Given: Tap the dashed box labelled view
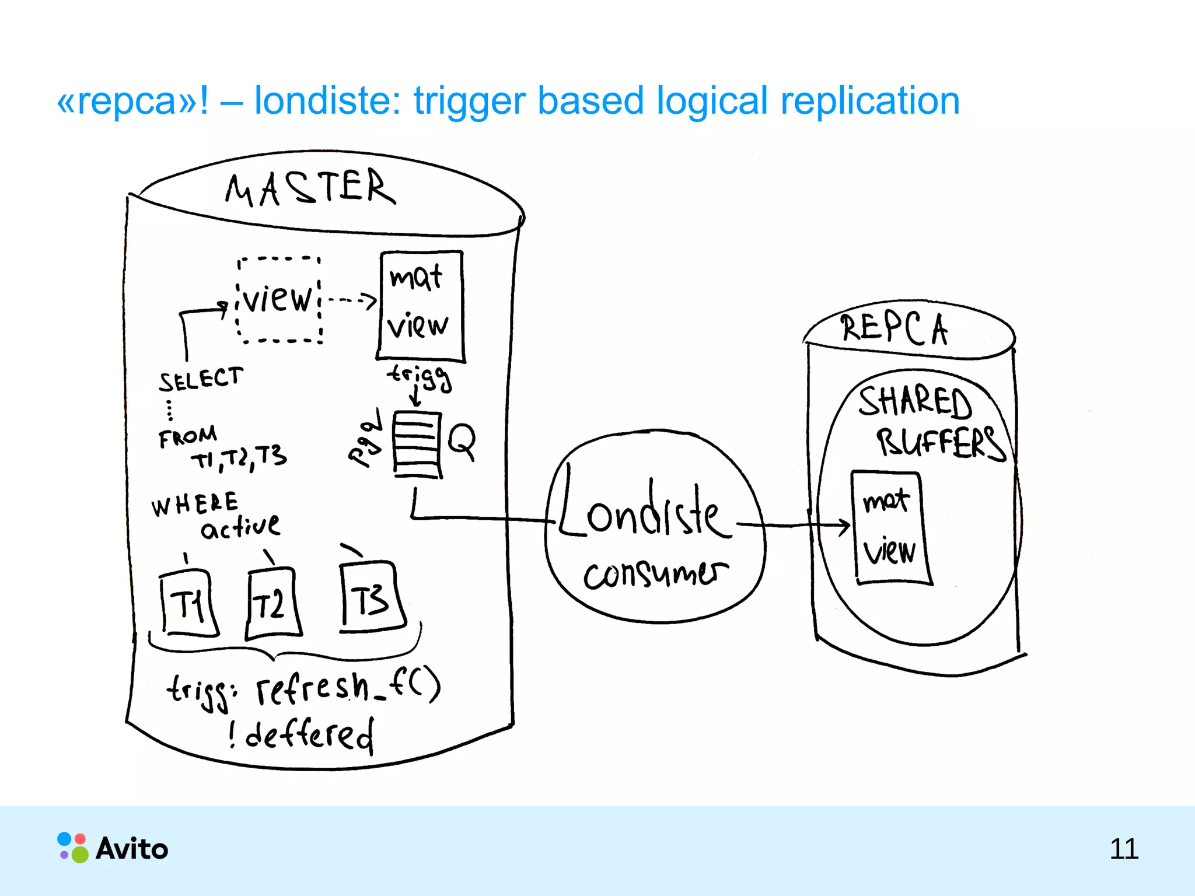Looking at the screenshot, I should tap(279, 299).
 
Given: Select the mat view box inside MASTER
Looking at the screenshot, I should tap(420, 306).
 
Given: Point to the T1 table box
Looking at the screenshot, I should tap(188, 604).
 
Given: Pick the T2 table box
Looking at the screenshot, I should tap(272, 604).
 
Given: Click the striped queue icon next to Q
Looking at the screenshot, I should tap(417, 444).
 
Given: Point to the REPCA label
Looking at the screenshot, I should tap(894, 328).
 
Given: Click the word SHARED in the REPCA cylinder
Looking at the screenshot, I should tap(914, 402).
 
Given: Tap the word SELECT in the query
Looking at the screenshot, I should tap(201, 379).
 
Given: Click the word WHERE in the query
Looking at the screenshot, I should tap(194, 505).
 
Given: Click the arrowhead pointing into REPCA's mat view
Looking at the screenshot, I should tap(844, 526).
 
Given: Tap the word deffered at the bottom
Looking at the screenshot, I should tap(309, 735).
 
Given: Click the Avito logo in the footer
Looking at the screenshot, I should tap(113, 848).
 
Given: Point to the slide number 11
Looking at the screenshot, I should tap(1123, 849).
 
